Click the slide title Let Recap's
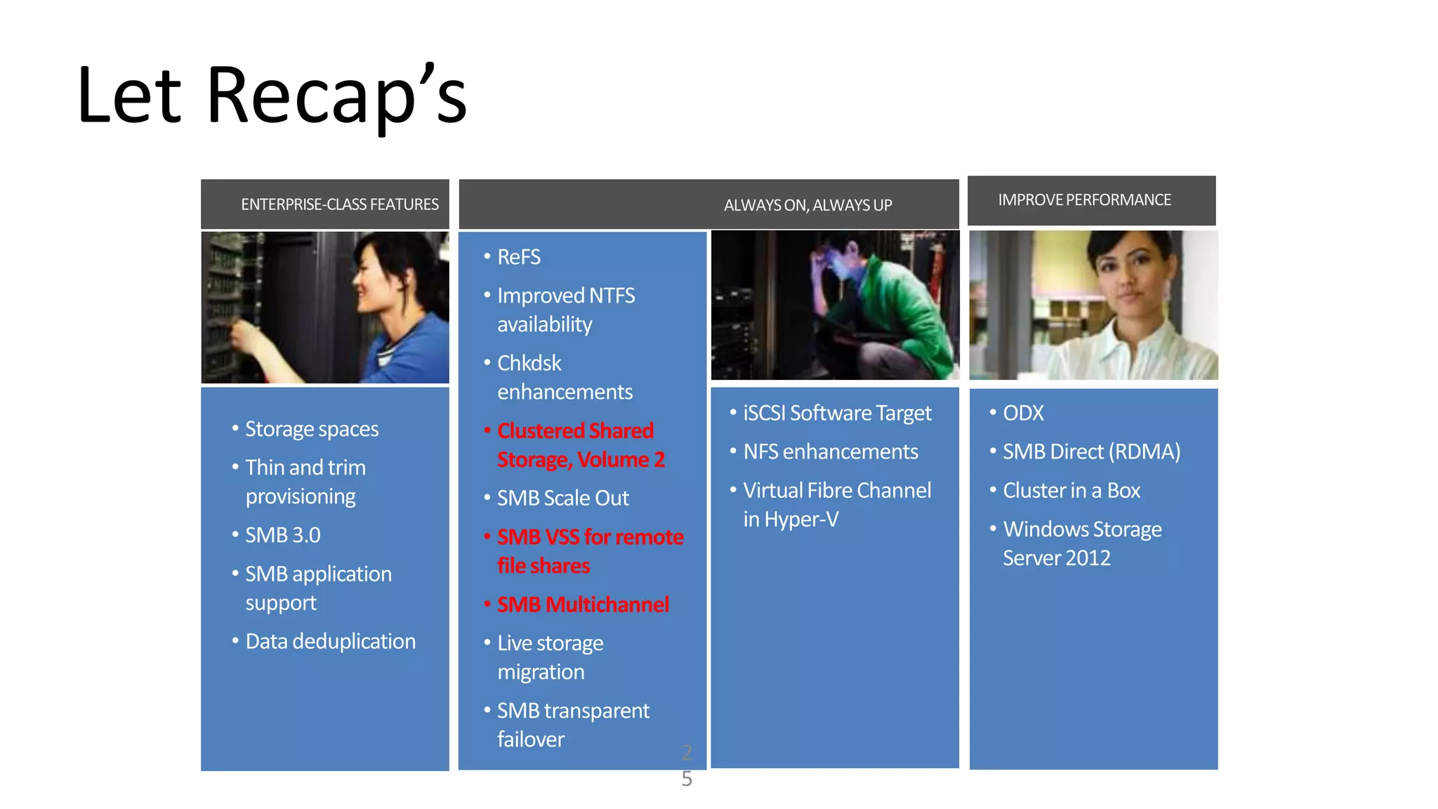point(272,96)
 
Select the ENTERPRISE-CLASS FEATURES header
point(339,204)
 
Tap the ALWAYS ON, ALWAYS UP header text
point(807,205)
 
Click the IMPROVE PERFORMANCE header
point(1084,200)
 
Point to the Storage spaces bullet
point(311,429)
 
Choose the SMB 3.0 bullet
point(282,535)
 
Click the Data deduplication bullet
point(330,641)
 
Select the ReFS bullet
point(518,257)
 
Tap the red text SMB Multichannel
point(583,605)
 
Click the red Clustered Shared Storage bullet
point(580,445)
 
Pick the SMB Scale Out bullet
point(562,498)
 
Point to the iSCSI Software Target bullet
point(837,413)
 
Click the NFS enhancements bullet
point(830,452)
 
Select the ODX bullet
point(1022,413)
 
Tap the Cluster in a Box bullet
point(1071,490)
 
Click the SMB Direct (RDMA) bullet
point(1091,452)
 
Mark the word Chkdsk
point(529,363)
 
